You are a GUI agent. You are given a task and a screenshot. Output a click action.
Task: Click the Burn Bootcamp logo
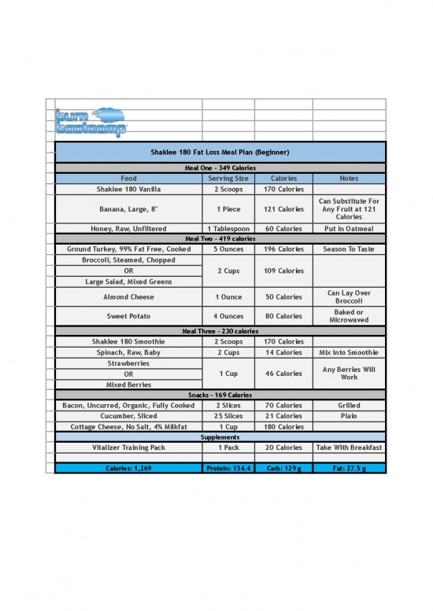(x=91, y=122)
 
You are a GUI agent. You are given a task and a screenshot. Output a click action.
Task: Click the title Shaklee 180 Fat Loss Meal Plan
(x=220, y=152)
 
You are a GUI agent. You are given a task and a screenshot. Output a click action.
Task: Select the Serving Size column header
(x=228, y=179)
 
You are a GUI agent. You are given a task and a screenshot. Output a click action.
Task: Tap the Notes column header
(x=349, y=179)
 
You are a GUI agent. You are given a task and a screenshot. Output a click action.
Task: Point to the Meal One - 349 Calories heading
(x=220, y=167)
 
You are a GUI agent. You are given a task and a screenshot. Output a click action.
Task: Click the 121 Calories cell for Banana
(x=283, y=209)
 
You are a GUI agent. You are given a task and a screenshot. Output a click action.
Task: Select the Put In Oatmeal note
(x=349, y=229)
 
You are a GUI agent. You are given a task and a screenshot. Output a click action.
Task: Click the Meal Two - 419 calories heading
(x=220, y=238)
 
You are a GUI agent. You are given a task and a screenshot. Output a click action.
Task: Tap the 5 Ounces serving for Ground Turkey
(x=228, y=248)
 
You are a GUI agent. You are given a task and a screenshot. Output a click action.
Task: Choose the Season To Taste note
(x=349, y=248)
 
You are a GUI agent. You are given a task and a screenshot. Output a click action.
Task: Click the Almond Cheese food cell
(x=128, y=297)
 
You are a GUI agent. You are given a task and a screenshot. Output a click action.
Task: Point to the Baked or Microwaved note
(x=349, y=316)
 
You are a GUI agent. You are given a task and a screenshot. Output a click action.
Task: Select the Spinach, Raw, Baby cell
(x=128, y=352)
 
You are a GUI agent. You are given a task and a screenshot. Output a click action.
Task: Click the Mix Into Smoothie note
(x=349, y=352)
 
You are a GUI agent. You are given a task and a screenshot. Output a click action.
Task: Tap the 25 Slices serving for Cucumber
(x=228, y=415)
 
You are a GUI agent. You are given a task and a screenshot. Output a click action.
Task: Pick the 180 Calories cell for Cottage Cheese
(x=283, y=426)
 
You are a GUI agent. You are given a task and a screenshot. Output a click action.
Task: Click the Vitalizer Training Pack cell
(x=128, y=447)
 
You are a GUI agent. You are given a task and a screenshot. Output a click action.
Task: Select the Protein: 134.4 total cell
(x=228, y=468)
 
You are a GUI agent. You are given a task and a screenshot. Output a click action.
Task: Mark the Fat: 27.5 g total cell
(x=349, y=468)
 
